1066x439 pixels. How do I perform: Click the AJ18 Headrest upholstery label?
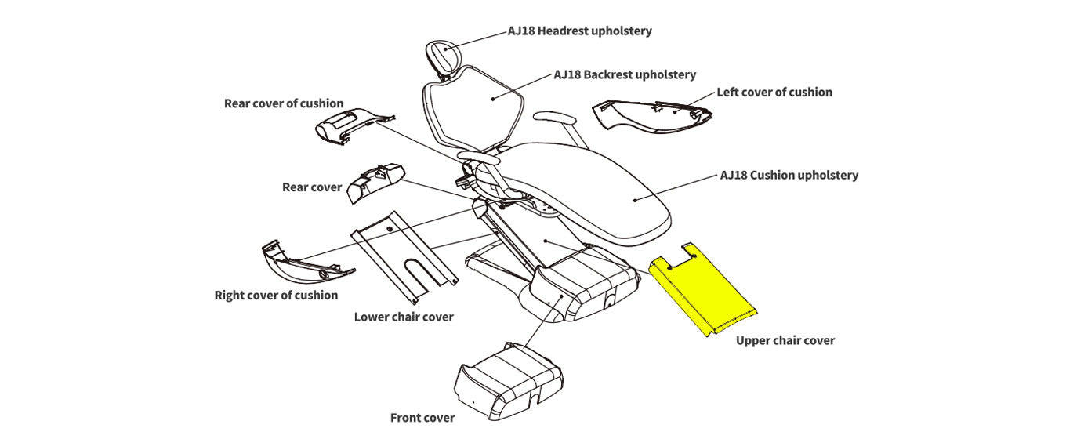click(x=579, y=31)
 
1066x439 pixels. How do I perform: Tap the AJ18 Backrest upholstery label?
click(x=625, y=74)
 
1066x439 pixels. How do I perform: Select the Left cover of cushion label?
click(x=774, y=92)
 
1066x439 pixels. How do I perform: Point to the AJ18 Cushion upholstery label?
click(x=789, y=175)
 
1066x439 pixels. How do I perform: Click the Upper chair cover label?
click(x=785, y=340)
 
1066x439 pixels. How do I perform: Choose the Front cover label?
click(x=422, y=417)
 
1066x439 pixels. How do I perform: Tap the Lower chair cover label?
click(x=403, y=317)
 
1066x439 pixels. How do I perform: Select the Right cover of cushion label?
click(x=276, y=295)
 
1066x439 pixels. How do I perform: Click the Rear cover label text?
click(x=312, y=187)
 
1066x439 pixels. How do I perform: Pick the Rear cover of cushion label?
click(x=283, y=103)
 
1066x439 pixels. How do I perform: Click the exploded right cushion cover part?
click(x=302, y=263)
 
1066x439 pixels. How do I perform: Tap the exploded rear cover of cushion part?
click(x=349, y=125)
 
